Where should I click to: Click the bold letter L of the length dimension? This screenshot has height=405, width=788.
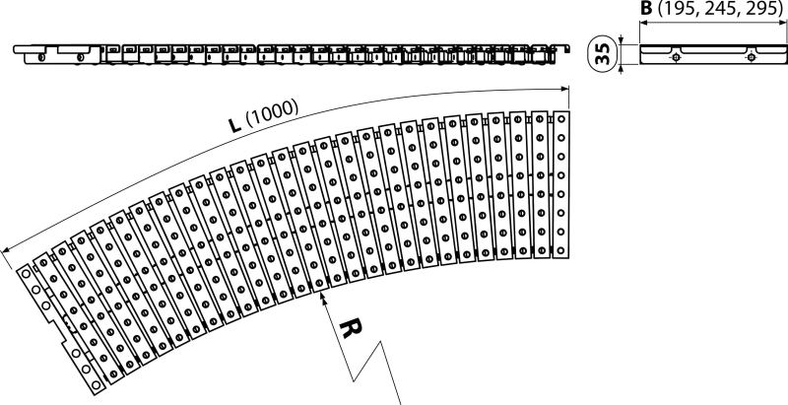[x=234, y=124]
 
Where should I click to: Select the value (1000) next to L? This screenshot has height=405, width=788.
[x=272, y=113]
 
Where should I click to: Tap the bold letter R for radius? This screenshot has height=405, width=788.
[x=351, y=328]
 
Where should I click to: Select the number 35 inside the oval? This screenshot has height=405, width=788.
[x=603, y=53]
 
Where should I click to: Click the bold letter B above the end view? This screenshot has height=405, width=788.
[x=646, y=9]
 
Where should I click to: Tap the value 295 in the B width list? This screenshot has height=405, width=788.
[x=760, y=10]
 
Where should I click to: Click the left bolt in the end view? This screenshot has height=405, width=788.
[x=677, y=57]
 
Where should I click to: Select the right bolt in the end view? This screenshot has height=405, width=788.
[x=751, y=57]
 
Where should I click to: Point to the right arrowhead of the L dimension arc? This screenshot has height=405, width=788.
[x=564, y=90]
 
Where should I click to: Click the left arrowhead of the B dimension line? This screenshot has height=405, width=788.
[x=643, y=23]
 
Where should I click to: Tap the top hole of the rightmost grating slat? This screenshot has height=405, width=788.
[x=561, y=118]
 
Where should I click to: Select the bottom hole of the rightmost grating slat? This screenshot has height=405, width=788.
[x=561, y=250]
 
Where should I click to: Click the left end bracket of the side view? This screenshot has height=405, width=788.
[x=57, y=54]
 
